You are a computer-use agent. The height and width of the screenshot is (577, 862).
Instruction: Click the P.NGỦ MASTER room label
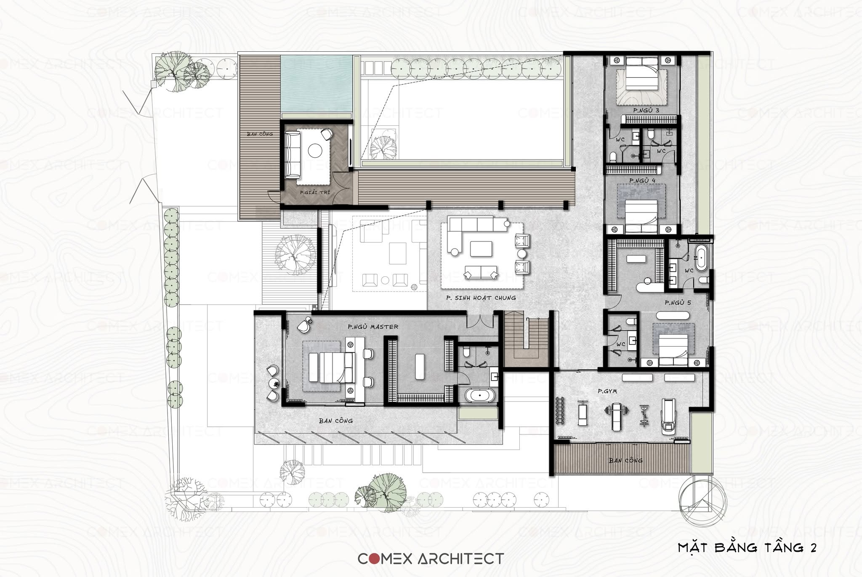[x=373, y=326]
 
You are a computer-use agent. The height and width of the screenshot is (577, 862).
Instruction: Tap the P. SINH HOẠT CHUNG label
[x=481, y=298]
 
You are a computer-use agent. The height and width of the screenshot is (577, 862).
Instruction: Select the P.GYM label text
[x=607, y=391]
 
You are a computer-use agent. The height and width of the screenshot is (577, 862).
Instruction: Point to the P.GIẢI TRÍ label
[x=315, y=192]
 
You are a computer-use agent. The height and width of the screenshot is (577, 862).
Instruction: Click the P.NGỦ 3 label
[x=646, y=110]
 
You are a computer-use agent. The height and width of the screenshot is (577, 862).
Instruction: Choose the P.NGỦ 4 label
[x=642, y=180]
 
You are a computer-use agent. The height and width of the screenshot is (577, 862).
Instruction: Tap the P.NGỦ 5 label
[x=678, y=302]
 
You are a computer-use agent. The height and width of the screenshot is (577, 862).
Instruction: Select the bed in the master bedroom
[x=332, y=367]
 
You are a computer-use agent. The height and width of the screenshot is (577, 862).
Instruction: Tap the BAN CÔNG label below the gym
[x=625, y=461]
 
